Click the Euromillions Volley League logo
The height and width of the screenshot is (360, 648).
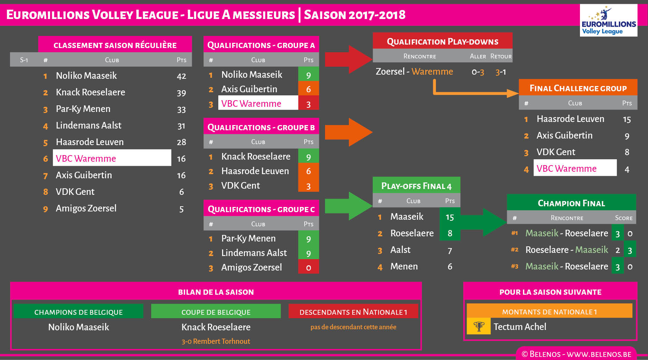pos(608,20)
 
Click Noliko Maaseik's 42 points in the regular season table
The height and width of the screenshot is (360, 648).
pos(181,76)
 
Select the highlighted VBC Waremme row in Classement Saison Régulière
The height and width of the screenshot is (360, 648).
pos(112,158)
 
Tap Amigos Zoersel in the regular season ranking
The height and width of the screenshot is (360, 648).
pos(86,208)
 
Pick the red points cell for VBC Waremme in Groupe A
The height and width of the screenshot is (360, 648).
pos(308,104)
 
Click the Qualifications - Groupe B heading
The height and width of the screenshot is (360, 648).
pos(261,127)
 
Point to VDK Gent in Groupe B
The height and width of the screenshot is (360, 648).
pos(240,186)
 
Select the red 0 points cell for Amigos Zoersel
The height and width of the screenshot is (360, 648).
pos(308,267)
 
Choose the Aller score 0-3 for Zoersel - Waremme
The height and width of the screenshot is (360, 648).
pos(478,72)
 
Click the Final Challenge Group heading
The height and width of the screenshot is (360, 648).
pos(578,88)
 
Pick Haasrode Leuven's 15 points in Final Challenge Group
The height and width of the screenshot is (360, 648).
pos(627,119)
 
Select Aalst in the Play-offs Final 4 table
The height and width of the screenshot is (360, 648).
pos(400,250)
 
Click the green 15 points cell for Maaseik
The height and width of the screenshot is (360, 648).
pos(449,217)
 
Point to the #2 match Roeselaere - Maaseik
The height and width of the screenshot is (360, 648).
pos(566,250)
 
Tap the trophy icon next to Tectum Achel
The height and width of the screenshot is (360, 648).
pos(479,326)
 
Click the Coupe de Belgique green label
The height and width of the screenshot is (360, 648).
pos(216,312)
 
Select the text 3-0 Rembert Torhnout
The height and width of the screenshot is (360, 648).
pos(216,341)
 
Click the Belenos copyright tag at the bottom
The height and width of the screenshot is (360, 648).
pos(576,354)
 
